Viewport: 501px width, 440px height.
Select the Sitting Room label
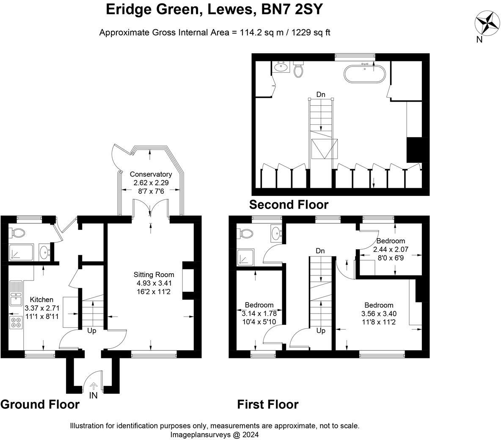(154, 275)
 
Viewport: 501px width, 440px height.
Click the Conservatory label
(151, 174)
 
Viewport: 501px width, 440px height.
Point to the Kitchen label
(41, 300)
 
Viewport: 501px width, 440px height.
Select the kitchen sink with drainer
(15, 294)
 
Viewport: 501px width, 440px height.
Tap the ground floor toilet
(17, 233)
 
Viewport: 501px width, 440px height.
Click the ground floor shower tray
(21, 253)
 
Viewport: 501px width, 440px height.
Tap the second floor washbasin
(281, 67)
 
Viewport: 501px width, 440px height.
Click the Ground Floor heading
(40, 404)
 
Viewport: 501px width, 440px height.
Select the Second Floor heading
(289, 204)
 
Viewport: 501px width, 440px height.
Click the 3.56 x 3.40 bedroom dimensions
(379, 313)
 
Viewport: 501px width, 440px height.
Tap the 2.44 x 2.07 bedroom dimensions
(391, 249)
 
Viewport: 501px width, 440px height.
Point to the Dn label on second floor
(321, 95)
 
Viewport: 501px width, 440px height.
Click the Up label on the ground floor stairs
(92, 331)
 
